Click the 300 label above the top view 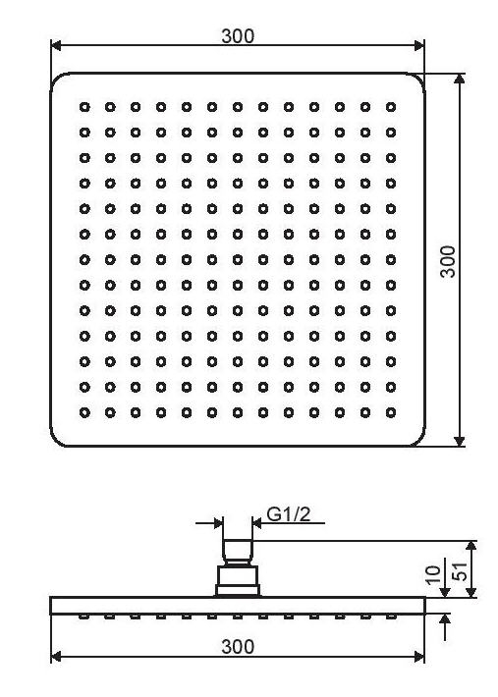238,36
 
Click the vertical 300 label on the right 448,261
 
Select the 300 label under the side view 238,647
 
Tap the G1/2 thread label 289,514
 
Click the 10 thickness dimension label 433,574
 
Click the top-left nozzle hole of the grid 84,107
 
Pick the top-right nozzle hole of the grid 391,107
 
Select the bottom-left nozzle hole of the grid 84,413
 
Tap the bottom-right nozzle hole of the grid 391,413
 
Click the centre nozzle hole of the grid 238,259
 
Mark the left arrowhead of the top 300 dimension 56,45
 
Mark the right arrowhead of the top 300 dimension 419,45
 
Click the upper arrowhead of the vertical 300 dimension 460,79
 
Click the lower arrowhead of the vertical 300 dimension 460,441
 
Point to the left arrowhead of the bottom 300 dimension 56,657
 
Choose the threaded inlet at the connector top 238,551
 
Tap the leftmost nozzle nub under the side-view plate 84,617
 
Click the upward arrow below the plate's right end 445,627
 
